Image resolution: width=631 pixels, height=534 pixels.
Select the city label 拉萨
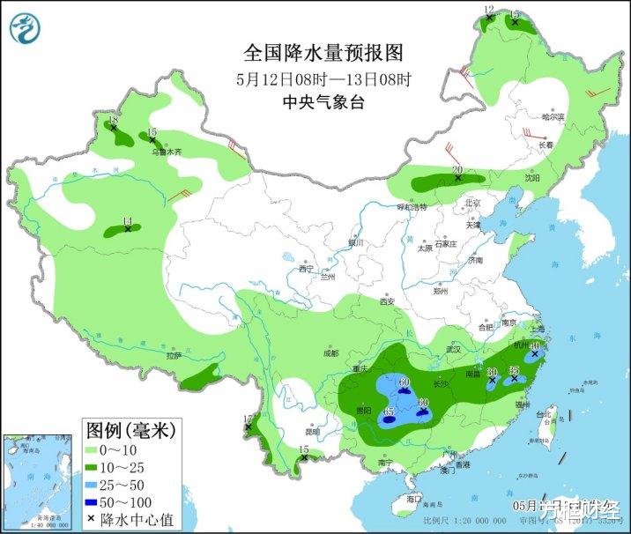click(x=173, y=356)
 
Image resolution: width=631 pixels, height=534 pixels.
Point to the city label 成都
click(x=330, y=353)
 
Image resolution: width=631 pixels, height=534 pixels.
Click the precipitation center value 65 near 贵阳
click(x=389, y=412)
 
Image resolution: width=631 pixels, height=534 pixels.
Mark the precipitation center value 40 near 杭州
click(x=534, y=346)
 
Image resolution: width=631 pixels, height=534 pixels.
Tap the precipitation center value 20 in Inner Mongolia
click(x=457, y=169)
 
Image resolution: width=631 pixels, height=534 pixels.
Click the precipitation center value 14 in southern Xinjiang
click(x=127, y=221)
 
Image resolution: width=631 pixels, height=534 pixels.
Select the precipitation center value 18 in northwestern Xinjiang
click(x=112, y=120)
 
